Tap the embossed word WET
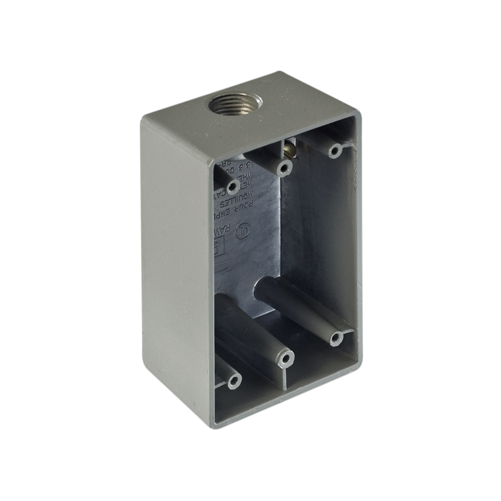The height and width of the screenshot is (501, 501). click(248, 184)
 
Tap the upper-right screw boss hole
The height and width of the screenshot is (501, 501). click(335, 150)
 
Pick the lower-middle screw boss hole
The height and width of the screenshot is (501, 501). click(285, 360)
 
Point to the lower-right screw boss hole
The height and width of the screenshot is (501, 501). click(336, 339)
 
